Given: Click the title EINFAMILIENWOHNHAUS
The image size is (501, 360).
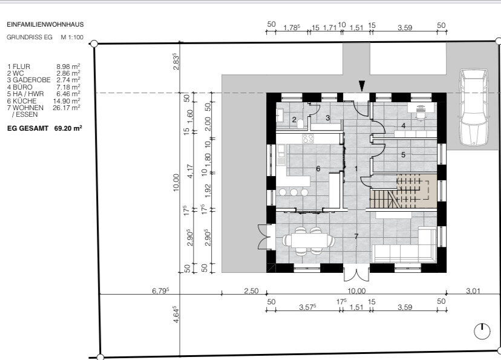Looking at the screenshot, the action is (x=45, y=24).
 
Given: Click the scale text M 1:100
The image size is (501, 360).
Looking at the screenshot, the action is (x=72, y=37).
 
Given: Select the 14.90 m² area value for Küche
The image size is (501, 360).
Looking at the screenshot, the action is (x=67, y=100).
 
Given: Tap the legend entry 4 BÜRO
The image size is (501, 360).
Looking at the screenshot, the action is (x=19, y=87).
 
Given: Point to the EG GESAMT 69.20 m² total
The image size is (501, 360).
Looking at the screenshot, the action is (x=45, y=128).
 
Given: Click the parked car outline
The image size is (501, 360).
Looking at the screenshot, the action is (x=474, y=107).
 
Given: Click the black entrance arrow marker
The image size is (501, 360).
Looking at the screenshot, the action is (x=362, y=86).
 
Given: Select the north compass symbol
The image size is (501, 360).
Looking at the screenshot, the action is (x=482, y=331).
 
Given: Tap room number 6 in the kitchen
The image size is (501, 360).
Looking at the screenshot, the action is (x=318, y=169).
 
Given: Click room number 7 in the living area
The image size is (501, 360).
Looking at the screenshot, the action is (x=356, y=237).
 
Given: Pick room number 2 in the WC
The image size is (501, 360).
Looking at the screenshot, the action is (x=294, y=120).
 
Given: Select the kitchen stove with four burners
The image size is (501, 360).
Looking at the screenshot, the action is (x=308, y=139).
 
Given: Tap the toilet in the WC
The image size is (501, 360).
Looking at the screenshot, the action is (x=301, y=123).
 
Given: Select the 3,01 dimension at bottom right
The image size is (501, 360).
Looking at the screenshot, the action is (x=473, y=291).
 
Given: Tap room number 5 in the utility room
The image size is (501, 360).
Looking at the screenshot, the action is (x=403, y=155).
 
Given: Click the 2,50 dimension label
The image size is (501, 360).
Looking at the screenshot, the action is (x=251, y=291).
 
